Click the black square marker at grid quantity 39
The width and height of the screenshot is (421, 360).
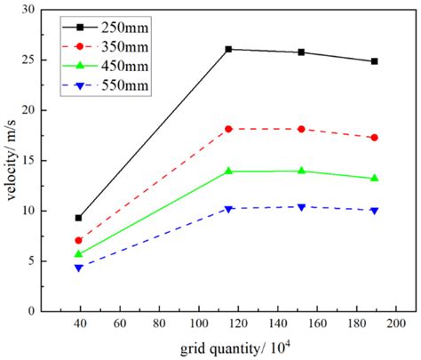(79, 218)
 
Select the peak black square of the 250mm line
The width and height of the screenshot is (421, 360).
(228, 49)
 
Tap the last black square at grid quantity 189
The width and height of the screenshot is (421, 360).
(374, 61)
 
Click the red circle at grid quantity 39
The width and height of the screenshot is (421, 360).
(79, 240)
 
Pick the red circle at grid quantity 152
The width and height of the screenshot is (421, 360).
(301, 129)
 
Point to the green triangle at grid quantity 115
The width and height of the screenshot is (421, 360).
(228, 171)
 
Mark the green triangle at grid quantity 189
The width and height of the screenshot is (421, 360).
(374, 178)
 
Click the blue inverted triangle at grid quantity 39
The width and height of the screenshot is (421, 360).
(79, 268)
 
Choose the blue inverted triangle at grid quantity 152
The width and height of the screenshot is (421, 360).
(301, 207)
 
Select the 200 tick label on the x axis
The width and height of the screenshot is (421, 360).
(394, 324)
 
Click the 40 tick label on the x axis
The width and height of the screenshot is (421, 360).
(80, 324)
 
